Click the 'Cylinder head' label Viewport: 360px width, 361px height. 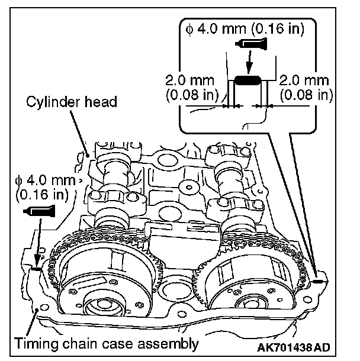72,102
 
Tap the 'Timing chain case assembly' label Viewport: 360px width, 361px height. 105,343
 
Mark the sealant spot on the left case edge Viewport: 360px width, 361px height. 36,268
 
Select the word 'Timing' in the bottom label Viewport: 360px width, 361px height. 35,343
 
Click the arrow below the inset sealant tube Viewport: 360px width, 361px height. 249,62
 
